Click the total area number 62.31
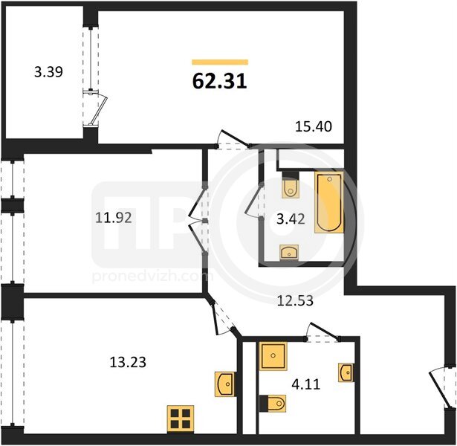[x=220, y=81]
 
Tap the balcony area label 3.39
[x=48, y=71]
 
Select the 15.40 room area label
[x=314, y=126]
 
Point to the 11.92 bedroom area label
[x=114, y=218]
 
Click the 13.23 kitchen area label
[x=128, y=362]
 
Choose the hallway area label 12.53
[x=295, y=300]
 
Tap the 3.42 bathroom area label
[x=291, y=219]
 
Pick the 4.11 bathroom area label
[x=306, y=384]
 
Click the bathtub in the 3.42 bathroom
[x=329, y=202]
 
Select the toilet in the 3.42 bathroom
[x=291, y=185]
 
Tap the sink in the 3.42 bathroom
[x=289, y=252]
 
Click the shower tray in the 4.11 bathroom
[x=273, y=356]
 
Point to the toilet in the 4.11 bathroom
[x=273, y=404]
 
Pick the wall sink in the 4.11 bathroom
[x=346, y=372]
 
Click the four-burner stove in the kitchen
[x=181, y=418]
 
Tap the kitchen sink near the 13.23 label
[x=224, y=384]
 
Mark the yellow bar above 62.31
[x=220, y=62]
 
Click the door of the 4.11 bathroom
[x=323, y=332]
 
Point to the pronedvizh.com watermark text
[x=152, y=277]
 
